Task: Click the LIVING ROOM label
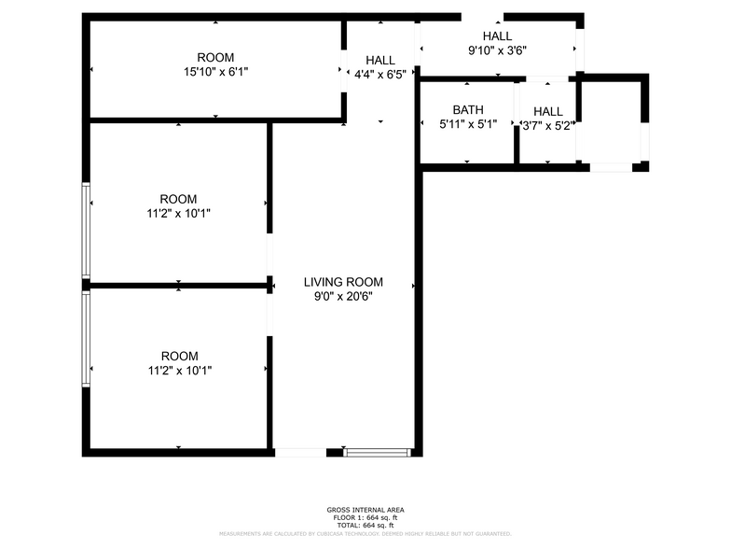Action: point(343,282)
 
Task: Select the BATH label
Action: point(468,109)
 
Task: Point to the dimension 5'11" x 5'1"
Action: point(468,123)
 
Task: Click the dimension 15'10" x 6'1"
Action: point(215,71)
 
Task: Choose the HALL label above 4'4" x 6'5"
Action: point(379,60)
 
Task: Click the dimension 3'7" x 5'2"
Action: point(547,124)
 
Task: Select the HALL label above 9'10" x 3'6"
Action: point(497,35)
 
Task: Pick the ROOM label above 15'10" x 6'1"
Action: point(215,57)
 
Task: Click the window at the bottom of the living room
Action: point(377,453)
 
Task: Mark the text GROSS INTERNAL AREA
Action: point(365,510)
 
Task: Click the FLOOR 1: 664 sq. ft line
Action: point(365,517)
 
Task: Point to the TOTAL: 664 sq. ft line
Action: point(365,525)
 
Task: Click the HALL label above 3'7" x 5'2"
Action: point(547,110)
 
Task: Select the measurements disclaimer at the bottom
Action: point(365,534)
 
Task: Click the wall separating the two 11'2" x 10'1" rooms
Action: point(177,285)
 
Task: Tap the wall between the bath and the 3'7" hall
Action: point(517,122)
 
